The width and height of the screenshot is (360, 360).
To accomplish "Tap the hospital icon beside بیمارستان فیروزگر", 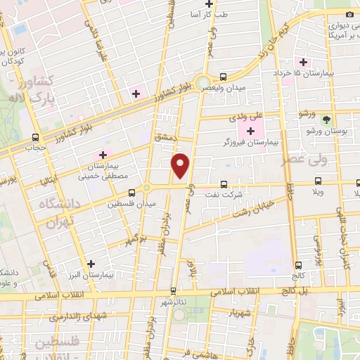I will pos(250,130).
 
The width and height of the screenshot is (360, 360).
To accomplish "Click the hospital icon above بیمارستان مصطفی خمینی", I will pos(103,154).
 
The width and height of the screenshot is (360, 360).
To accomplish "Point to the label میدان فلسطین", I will pos(130,204).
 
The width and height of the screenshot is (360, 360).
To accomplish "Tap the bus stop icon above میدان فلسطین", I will pos(131,192).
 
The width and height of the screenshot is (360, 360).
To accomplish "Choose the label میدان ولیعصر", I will pos(224,87).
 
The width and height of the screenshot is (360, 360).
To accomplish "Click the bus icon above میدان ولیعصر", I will pos(223,77).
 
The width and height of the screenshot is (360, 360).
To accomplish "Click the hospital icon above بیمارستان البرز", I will pos(90,264).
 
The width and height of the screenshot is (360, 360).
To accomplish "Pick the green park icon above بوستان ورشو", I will pos(325,119).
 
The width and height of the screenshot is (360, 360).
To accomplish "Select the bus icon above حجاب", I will pos(35,138).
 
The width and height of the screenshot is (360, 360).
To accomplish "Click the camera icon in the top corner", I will pos(349,15).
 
